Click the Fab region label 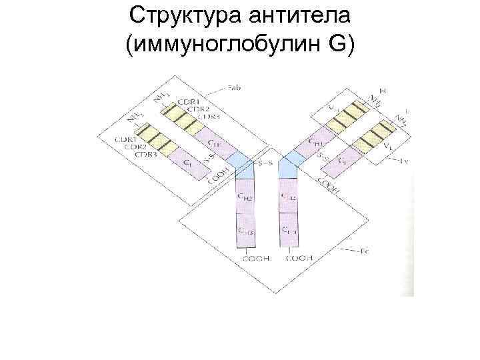click(234, 88)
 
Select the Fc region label click(365, 251)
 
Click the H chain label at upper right click(383, 90)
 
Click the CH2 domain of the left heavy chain click(245, 197)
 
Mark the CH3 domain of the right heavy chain click(289, 231)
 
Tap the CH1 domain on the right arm click(317, 143)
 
